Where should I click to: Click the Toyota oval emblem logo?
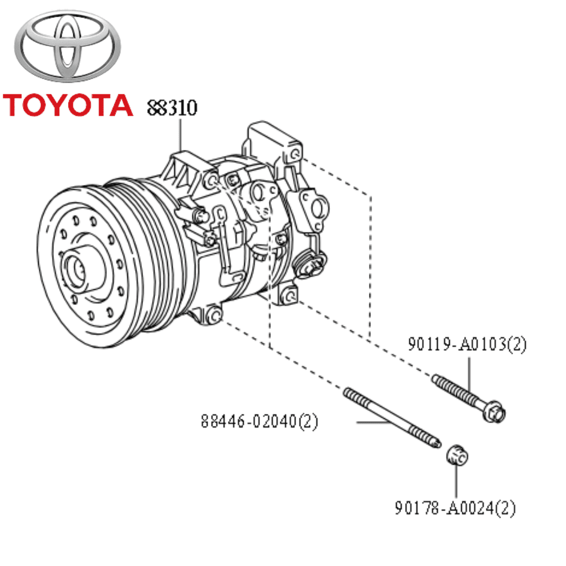[x=68, y=46]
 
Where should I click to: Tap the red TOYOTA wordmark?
[x=68, y=105]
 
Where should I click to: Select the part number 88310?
[x=172, y=107]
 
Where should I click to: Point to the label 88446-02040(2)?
[x=259, y=421]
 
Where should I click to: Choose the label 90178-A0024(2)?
[x=455, y=508]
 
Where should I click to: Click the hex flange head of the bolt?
[x=495, y=412]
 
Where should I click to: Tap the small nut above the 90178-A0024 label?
[x=457, y=455]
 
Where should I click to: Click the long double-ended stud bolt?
[x=392, y=418]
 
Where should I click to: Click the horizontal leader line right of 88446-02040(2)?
[x=372, y=422]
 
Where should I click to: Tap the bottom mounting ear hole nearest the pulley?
[x=215, y=316]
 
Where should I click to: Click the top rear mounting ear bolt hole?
[x=296, y=154]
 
